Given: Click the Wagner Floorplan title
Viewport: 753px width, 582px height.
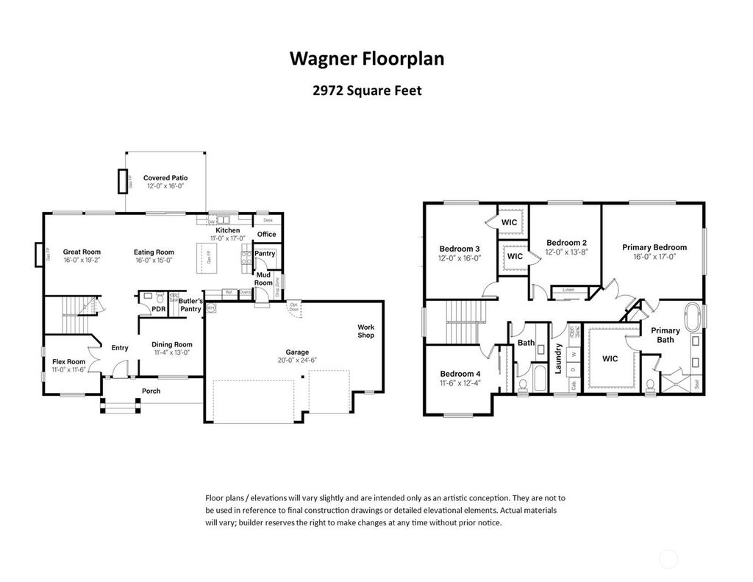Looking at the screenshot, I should tap(367, 59).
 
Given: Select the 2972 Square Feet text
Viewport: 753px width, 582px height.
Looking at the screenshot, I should tap(367, 92).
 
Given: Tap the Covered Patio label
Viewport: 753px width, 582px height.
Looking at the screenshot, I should tap(165, 178).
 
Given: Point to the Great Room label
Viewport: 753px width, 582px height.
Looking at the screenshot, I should tap(82, 252).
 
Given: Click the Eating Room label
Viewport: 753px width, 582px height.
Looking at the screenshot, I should tap(154, 252).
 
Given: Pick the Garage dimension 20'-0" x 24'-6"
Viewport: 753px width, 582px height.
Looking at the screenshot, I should tap(297, 361).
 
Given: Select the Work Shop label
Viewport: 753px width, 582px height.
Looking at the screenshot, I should tap(365, 331).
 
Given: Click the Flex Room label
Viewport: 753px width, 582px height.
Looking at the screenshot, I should tap(68, 361).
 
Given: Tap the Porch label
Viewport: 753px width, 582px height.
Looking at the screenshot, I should tap(151, 391).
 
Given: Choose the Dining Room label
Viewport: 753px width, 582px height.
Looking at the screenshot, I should tap(172, 344).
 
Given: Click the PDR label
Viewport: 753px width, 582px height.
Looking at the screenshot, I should tap(158, 309).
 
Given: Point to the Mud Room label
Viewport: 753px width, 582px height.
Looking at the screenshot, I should tap(263, 278).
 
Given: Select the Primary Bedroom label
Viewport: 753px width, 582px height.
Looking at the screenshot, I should tap(654, 247).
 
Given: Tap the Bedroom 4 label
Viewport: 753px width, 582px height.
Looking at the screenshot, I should tap(460, 373).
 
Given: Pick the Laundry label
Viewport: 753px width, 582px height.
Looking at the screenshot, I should tap(559, 358).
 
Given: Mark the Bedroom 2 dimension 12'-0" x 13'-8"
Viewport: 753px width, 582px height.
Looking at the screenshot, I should tap(566, 252).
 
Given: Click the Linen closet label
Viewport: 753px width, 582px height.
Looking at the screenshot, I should tap(568, 290).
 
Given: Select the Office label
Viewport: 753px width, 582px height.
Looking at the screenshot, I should tap(266, 234).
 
